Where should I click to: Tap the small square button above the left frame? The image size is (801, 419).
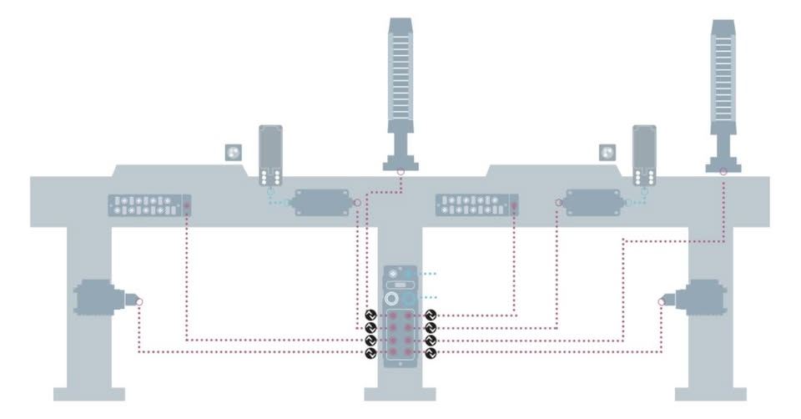[234, 153]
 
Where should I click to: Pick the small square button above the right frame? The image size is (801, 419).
[607, 153]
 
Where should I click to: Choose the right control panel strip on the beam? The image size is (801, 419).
[477, 204]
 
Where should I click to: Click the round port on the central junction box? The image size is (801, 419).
[390, 299]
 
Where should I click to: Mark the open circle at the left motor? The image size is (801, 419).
[139, 301]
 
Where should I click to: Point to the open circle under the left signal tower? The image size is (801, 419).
[400, 173]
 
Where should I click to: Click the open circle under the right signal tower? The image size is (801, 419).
[723, 173]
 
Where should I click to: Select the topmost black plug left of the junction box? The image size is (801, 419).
[370, 316]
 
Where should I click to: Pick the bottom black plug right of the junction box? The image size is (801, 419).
[431, 354]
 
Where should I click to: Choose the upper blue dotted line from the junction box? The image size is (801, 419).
[421, 273]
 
